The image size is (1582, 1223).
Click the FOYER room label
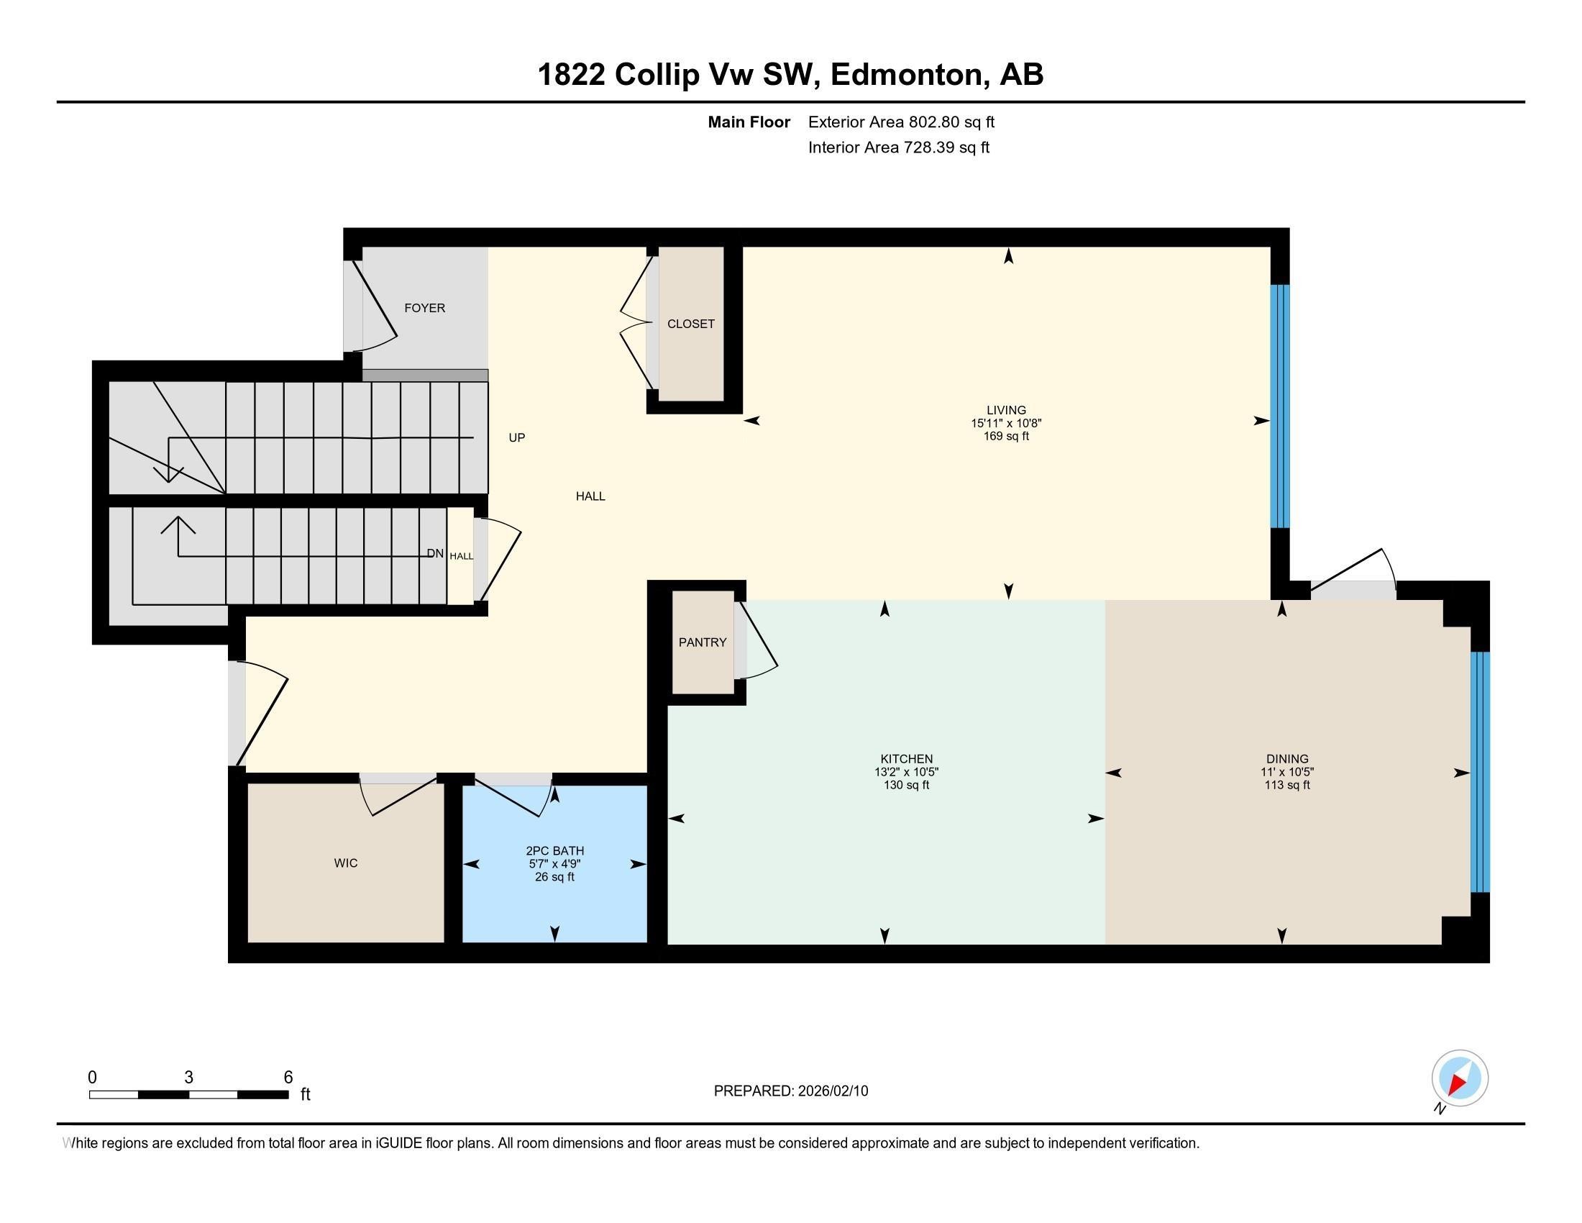click(x=424, y=308)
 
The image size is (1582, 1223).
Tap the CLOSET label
click(x=690, y=324)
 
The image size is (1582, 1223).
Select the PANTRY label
click(x=702, y=642)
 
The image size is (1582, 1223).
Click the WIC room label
click(x=345, y=863)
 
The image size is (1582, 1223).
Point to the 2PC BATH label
click(x=554, y=850)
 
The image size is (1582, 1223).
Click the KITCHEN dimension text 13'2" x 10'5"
click(x=906, y=773)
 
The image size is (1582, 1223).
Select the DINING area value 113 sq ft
click(x=1287, y=786)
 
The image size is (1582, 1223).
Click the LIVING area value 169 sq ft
click(x=1006, y=436)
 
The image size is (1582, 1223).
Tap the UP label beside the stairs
click(x=516, y=437)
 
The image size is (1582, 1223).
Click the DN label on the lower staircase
click(x=434, y=553)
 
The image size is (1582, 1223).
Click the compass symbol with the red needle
click(x=1460, y=1078)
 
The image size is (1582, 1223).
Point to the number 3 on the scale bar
click(x=188, y=1078)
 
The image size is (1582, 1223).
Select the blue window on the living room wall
click(x=1280, y=406)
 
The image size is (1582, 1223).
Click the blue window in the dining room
click(x=1481, y=773)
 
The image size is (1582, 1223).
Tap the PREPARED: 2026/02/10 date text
click(x=790, y=1091)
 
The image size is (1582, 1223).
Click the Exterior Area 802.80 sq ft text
click(x=901, y=122)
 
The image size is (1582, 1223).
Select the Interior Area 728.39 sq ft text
click(x=898, y=147)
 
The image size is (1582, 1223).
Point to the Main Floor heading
click(x=749, y=122)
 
